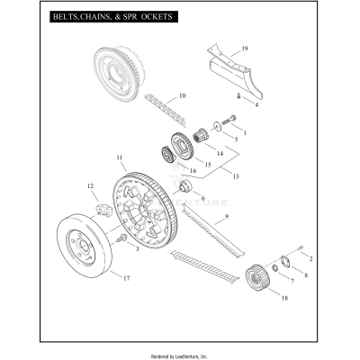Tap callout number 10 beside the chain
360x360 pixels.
[x=182, y=95]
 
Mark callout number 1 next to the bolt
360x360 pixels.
[x=243, y=132]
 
